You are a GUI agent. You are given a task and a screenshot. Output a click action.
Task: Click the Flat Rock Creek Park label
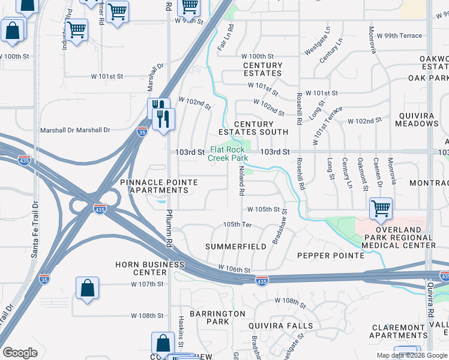click(228, 154)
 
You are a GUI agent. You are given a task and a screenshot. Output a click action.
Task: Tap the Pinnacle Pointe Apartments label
click(154, 186)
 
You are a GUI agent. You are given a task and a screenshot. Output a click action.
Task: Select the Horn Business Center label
click(150, 268)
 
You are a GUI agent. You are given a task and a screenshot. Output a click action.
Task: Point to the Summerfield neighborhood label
click(235, 247)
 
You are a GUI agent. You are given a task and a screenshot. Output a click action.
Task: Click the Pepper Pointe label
click(331, 256)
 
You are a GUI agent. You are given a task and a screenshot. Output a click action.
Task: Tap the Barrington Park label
click(209, 317)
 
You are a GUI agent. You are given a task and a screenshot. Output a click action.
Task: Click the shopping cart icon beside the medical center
click(381, 209)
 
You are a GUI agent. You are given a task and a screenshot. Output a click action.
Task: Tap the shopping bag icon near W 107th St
click(88, 287)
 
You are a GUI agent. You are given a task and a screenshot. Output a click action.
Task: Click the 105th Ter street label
click(237, 224)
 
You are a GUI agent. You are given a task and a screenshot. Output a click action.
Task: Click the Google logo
click(20, 353)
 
